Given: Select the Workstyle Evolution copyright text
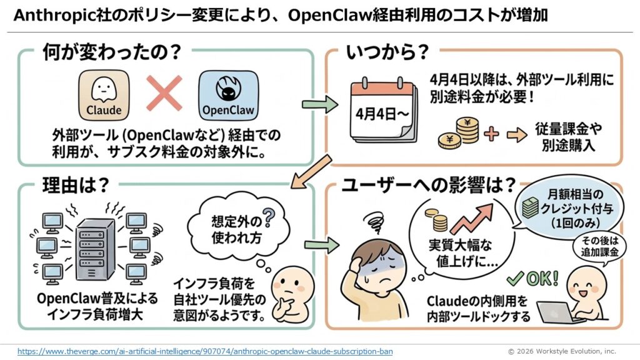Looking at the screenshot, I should click(x=561, y=351).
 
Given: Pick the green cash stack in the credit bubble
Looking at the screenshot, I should click(x=530, y=208).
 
